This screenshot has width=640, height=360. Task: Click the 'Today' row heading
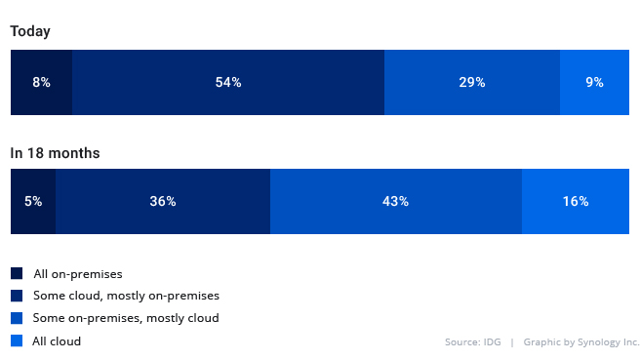[x=30, y=31]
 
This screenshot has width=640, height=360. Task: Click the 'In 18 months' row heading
[x=55, y=153]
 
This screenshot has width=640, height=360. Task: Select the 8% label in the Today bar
[x=41, y=83]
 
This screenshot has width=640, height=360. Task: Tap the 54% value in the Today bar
[x=228, y=83]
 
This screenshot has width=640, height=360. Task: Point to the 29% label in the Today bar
[x=472, y=83]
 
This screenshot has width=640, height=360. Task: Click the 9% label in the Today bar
[x=594, y=83]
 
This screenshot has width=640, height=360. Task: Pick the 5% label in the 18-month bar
[x=33, y=202]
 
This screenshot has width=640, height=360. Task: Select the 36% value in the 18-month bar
[x=163, y=202]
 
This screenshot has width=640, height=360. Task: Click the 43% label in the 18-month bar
[x=395, y=202]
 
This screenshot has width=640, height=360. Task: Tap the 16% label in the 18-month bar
[x=576, y=202]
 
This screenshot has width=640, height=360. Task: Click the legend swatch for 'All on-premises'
[x=17, y=274]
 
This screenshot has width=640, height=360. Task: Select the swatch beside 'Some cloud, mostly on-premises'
[x=17, y=296]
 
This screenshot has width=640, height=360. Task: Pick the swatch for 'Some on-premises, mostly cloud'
[x=17, y=318]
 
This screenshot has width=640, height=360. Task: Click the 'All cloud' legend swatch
[x=17, y=340]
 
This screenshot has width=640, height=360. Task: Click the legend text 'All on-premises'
[x=77, y=274]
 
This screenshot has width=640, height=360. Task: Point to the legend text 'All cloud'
[x=57, y=341]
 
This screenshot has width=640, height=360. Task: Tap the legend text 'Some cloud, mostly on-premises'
[x=126, y=296]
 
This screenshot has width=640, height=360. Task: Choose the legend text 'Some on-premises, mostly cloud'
[x=126, y=318]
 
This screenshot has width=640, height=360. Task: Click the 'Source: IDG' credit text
[x=472, y=342]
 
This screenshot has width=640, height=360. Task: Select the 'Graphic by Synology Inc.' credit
[x=581, y=342]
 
